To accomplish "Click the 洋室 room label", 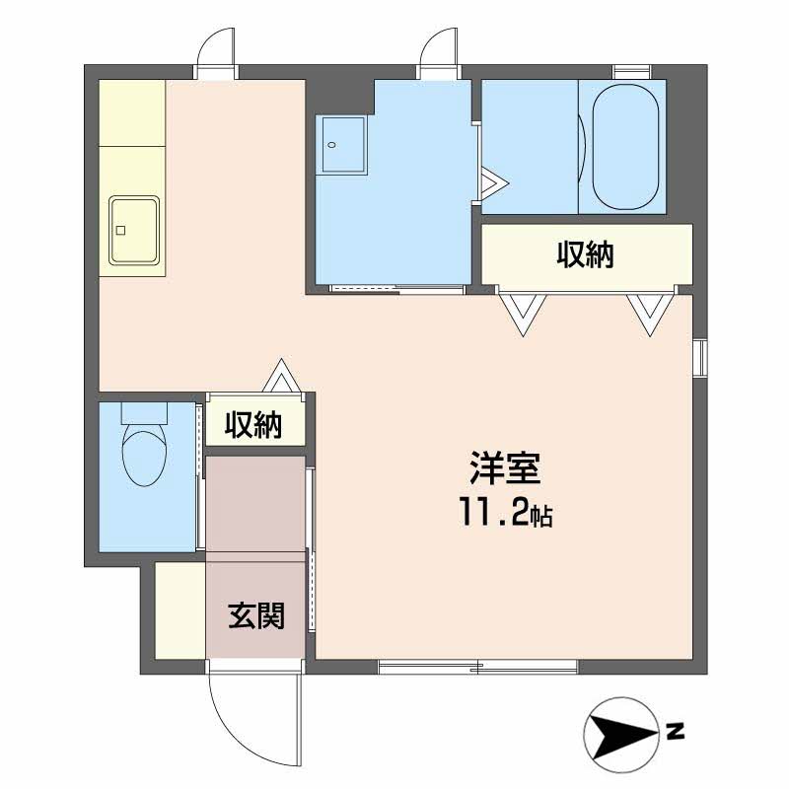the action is coord(505,467).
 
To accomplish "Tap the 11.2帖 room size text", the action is coord(505,512).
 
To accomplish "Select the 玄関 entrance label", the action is coord(256,614).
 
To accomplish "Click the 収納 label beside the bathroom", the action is coord(585,254).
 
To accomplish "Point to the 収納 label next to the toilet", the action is coord(253,425).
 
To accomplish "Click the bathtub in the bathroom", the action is coord(625,146).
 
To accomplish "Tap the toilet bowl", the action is coord(144,458).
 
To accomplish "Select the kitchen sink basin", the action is coord(134,230).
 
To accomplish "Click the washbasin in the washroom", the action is coord(343,145).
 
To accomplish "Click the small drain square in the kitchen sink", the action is coord(120,231).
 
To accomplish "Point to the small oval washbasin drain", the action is coord(331,145).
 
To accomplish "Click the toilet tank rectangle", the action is coord(144,412).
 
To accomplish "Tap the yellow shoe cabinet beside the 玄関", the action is coord(180,610).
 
